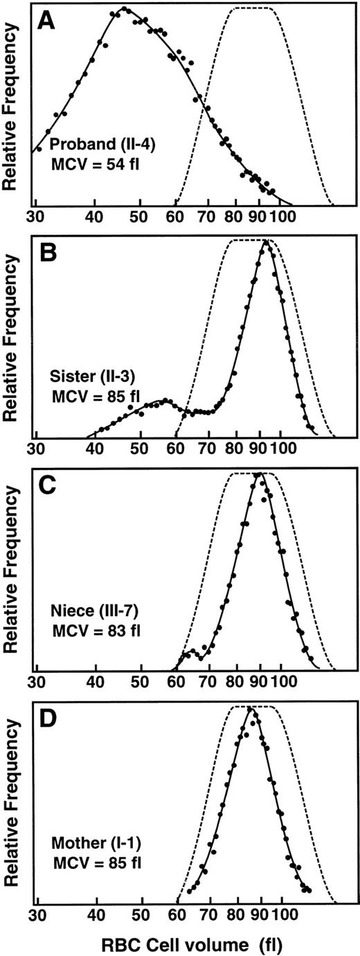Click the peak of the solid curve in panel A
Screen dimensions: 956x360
pyautogui.click(x=124, y=9)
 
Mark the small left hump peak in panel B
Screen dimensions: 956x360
pyautogui.click(x=165, y=400)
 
